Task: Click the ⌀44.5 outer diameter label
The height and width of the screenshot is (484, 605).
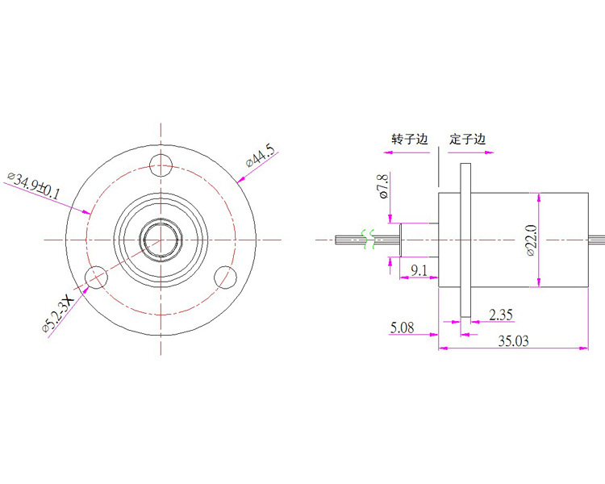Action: click(x=260, y=157)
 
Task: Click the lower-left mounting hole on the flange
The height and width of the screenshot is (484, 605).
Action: click(x=94, y=277)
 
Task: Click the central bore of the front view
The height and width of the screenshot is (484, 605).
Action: click(x=162, y=239)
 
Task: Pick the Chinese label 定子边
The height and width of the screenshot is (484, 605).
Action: click(x=469, y=139)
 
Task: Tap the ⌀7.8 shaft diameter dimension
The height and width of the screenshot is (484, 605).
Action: click(x=383, y=186)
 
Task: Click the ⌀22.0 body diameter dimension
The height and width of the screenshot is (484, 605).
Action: click(x=530, y=240)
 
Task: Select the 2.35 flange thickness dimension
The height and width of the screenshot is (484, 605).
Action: click(x=501, y=314)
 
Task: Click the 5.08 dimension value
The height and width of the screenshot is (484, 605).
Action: click(x=404, y=328)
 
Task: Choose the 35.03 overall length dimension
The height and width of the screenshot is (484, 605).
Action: click(x=513, y=340)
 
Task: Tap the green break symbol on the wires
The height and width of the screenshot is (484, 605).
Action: click(x=368, y=239)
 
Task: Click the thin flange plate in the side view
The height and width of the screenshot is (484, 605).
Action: click(x=465, y=240)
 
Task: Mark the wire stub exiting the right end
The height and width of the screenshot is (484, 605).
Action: click(x=596, y=238)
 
